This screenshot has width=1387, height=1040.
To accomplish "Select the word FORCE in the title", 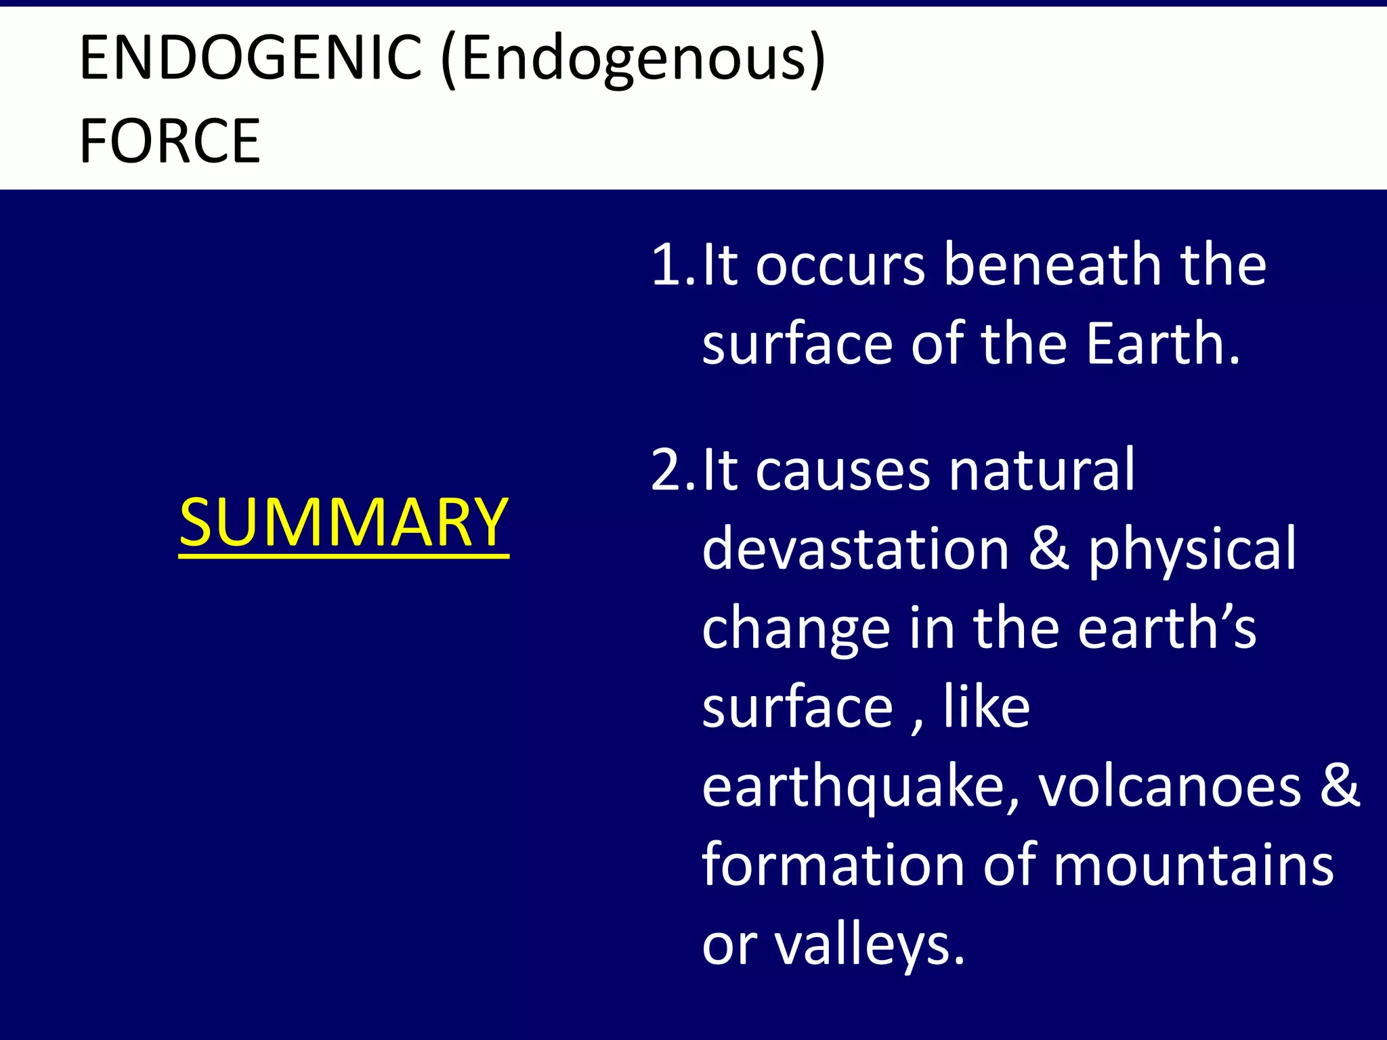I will click(x=169, y=141).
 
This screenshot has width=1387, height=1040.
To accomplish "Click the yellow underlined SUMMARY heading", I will click(x=343, y=523).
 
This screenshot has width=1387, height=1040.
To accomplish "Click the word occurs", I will click(x=840, y=265).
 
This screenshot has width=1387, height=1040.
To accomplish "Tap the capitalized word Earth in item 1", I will click(x=1161, y=343).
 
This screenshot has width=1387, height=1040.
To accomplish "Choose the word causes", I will click(x=843, y=471).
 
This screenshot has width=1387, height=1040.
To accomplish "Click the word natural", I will click(x=1041, y=469).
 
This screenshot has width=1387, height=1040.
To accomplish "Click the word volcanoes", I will click(x=1170, y=787).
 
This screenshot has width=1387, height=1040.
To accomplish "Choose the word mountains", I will click(x=1193, y=865).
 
